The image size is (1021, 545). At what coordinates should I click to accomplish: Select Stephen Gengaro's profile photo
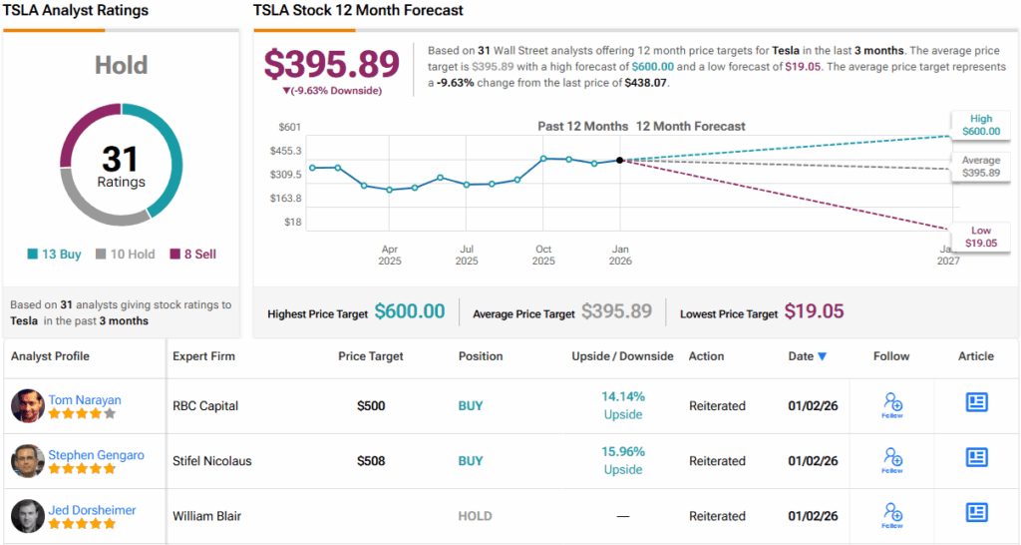[28, 461]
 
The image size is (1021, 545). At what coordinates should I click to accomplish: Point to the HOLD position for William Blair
[475, 516]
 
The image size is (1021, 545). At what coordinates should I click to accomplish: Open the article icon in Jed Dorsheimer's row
[976, 512]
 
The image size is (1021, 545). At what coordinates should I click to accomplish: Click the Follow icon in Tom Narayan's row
[892, 404]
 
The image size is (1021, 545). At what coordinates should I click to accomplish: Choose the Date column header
[807, 356]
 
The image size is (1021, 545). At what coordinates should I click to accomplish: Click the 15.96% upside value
[623, 452]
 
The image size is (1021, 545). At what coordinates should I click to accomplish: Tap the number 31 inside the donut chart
[121, 159]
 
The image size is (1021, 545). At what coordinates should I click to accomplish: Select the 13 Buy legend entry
[55, 255]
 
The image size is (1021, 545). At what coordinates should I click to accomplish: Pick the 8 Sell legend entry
[192, 255]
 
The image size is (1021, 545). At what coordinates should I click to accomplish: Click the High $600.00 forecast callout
[980, 125]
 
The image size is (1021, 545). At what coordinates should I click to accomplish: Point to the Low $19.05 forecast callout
[981, 238]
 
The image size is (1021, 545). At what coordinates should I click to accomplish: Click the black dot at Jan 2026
[620, 160]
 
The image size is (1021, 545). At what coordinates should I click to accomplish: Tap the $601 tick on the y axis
[289, 127]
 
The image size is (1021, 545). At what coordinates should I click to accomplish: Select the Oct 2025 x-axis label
[543, 256]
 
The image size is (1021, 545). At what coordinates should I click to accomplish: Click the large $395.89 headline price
[331, 64]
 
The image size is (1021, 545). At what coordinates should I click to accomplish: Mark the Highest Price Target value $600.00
[410, 312]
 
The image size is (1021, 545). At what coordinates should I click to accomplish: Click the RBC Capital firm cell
[207, 406]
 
